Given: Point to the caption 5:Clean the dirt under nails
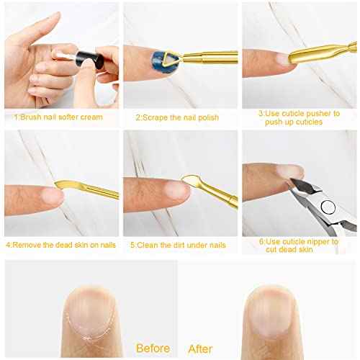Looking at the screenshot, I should pos(177,245).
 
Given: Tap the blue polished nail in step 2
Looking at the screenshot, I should pos(157,57).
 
